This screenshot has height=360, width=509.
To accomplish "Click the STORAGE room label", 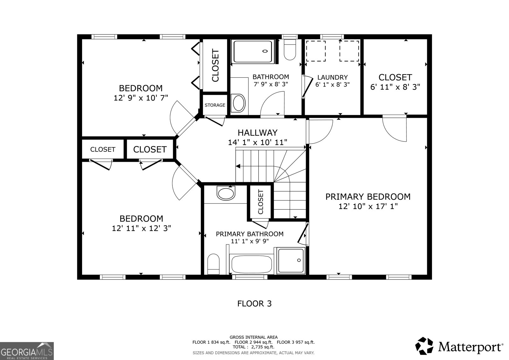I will click(215, 105).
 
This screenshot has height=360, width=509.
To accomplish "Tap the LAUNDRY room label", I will click(332, 77).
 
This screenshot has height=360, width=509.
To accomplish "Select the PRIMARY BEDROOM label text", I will click(368, 197).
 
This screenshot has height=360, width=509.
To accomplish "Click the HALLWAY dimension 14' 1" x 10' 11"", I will click(257, 142).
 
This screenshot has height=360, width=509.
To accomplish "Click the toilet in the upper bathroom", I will click(290, 50).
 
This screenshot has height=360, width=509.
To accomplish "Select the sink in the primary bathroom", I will click(226, 193).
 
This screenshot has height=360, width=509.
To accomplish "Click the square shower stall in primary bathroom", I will click(291, 261).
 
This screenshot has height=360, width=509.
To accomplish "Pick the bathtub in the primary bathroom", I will click(251, 264).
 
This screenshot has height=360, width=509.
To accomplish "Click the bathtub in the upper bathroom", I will click(254, 51).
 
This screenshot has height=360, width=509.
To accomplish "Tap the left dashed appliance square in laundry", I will click(316, 51).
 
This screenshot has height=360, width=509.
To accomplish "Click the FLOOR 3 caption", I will click(254, 303).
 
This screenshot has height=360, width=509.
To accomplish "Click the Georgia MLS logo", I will click(27, 351).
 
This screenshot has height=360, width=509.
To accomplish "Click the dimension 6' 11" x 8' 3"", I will click(395, 87).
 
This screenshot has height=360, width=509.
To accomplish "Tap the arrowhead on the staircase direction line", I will click(238, 166).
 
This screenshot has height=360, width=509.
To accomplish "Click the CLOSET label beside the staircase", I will click(261, 202).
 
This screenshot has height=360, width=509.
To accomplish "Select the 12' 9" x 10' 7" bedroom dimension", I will click(141, 98).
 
